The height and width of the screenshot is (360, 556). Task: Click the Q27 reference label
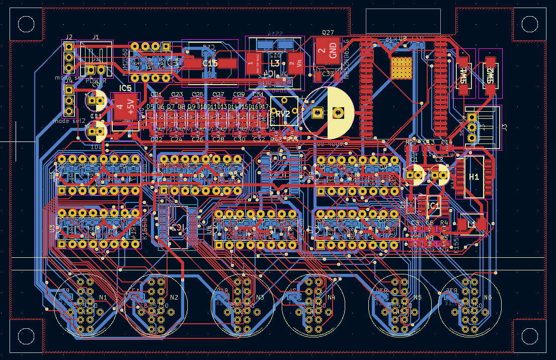tap(328, 32)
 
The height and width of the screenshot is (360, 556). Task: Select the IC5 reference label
tap(125, 88)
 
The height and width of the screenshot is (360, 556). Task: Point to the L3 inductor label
tap(275, 63)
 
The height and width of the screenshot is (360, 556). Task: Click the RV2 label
tap(283, 114)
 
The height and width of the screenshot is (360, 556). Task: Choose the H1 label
tap(474, 177)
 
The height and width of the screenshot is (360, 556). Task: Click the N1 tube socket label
tap(103, 298)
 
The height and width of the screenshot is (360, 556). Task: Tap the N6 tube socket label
tap(488, 298)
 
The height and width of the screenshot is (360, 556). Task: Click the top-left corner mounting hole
tap(25, 23)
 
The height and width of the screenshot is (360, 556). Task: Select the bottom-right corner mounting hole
tap(529, 336)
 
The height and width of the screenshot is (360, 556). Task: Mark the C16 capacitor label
tap(210, 63)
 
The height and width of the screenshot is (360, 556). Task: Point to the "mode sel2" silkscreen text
tap(69, 121)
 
